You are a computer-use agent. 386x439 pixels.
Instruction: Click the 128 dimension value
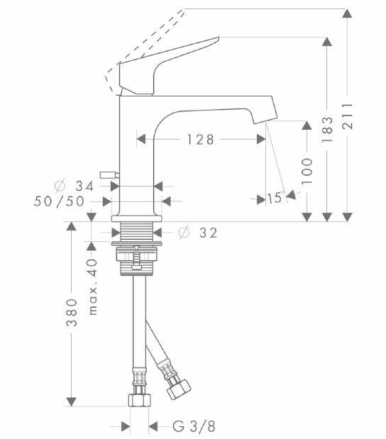[200, 140]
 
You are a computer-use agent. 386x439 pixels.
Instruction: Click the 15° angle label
[275, 199]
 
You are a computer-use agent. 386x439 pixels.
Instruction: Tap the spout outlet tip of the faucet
[266, 114]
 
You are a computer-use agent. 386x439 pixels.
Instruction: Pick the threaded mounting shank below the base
[139, 232]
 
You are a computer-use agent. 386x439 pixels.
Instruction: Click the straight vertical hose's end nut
[139, 399]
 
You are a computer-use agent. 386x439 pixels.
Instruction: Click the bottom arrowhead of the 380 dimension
[71, 400]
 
